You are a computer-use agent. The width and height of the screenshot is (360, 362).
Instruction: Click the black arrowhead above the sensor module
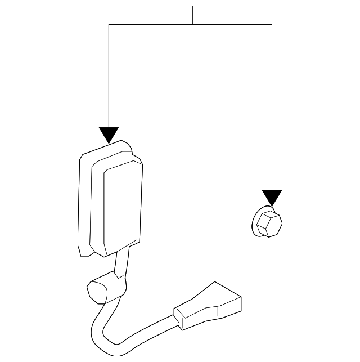[109, 134]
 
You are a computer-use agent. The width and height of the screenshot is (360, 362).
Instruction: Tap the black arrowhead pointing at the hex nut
[272, 198]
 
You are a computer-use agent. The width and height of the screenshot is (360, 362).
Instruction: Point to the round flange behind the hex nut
[254, 220]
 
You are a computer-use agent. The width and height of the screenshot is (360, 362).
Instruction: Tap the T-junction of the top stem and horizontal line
[193, 24]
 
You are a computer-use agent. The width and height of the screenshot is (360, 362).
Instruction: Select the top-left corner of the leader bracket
[109, 24]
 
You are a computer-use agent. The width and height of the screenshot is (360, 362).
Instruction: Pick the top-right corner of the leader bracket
[272, 24]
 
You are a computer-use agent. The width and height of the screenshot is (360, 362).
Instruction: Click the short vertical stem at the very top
[193, 15]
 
